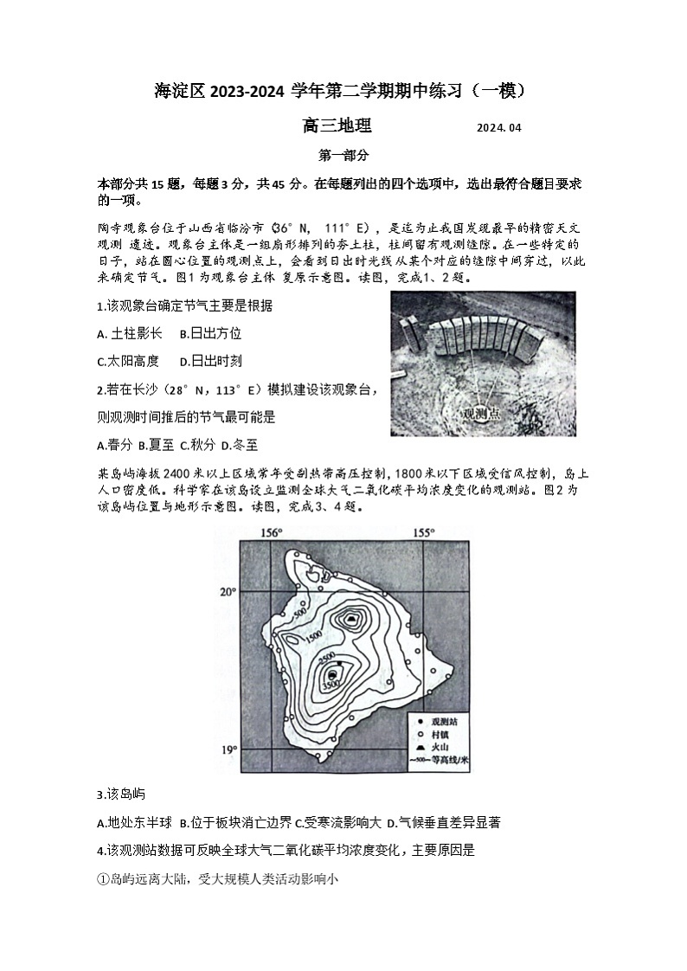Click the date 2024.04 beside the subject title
499,128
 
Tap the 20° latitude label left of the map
227,592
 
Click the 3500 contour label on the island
330,686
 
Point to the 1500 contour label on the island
313,636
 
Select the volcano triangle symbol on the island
351,620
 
